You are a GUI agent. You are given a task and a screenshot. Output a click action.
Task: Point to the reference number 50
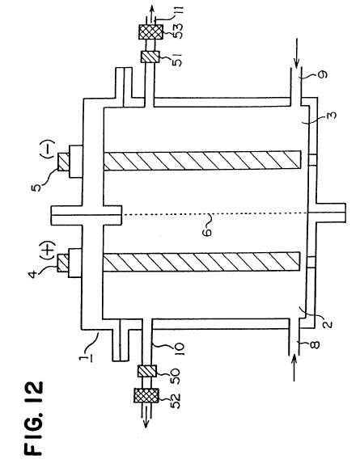click(x=175, y=376)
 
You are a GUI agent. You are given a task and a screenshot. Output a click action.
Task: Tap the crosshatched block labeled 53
click(x=150, y=32)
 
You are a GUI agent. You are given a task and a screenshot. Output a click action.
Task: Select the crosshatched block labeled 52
click(x=146, y=395)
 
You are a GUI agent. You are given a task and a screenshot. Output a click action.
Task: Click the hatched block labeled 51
click(x=150, y=57)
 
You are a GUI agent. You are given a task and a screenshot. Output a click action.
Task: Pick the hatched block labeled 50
click(x=147, y=371)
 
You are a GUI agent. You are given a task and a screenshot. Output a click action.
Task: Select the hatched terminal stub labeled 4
click(x=63, y=263)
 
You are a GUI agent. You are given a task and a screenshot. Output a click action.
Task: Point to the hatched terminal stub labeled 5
click(x=64, y=162)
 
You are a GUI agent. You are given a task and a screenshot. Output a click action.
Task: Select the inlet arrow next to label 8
click(x=294, y=368)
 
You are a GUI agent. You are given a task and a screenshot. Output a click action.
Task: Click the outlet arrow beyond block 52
click(x=146, y=419)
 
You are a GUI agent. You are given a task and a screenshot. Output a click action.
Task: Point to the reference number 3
click(x=331, y=116)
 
